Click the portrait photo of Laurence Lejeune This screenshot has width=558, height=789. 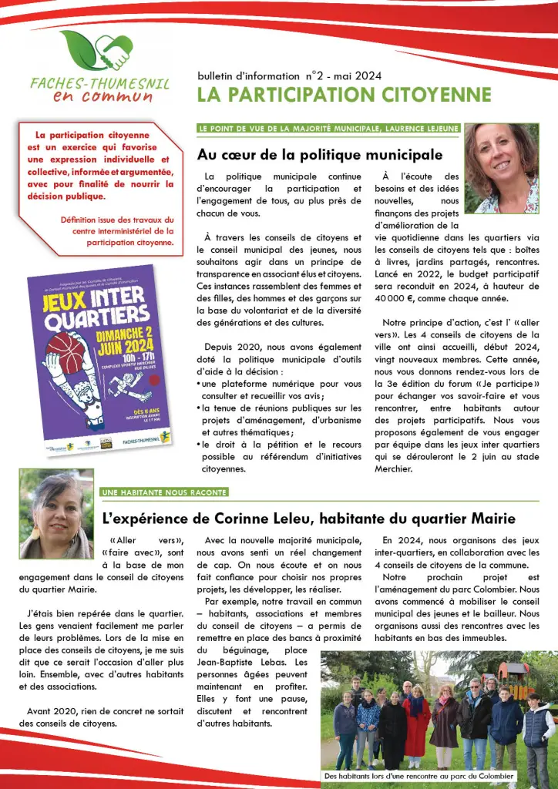pyautogui.click(x=502, y=169)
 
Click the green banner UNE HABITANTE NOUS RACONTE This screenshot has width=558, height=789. pyautogui.click(x=164, y=492)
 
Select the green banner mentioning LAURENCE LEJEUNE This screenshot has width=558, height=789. pyautogui.click(x=328, y=128)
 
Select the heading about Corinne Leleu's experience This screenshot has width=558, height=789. pyautogui.click(x=308, y=519)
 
